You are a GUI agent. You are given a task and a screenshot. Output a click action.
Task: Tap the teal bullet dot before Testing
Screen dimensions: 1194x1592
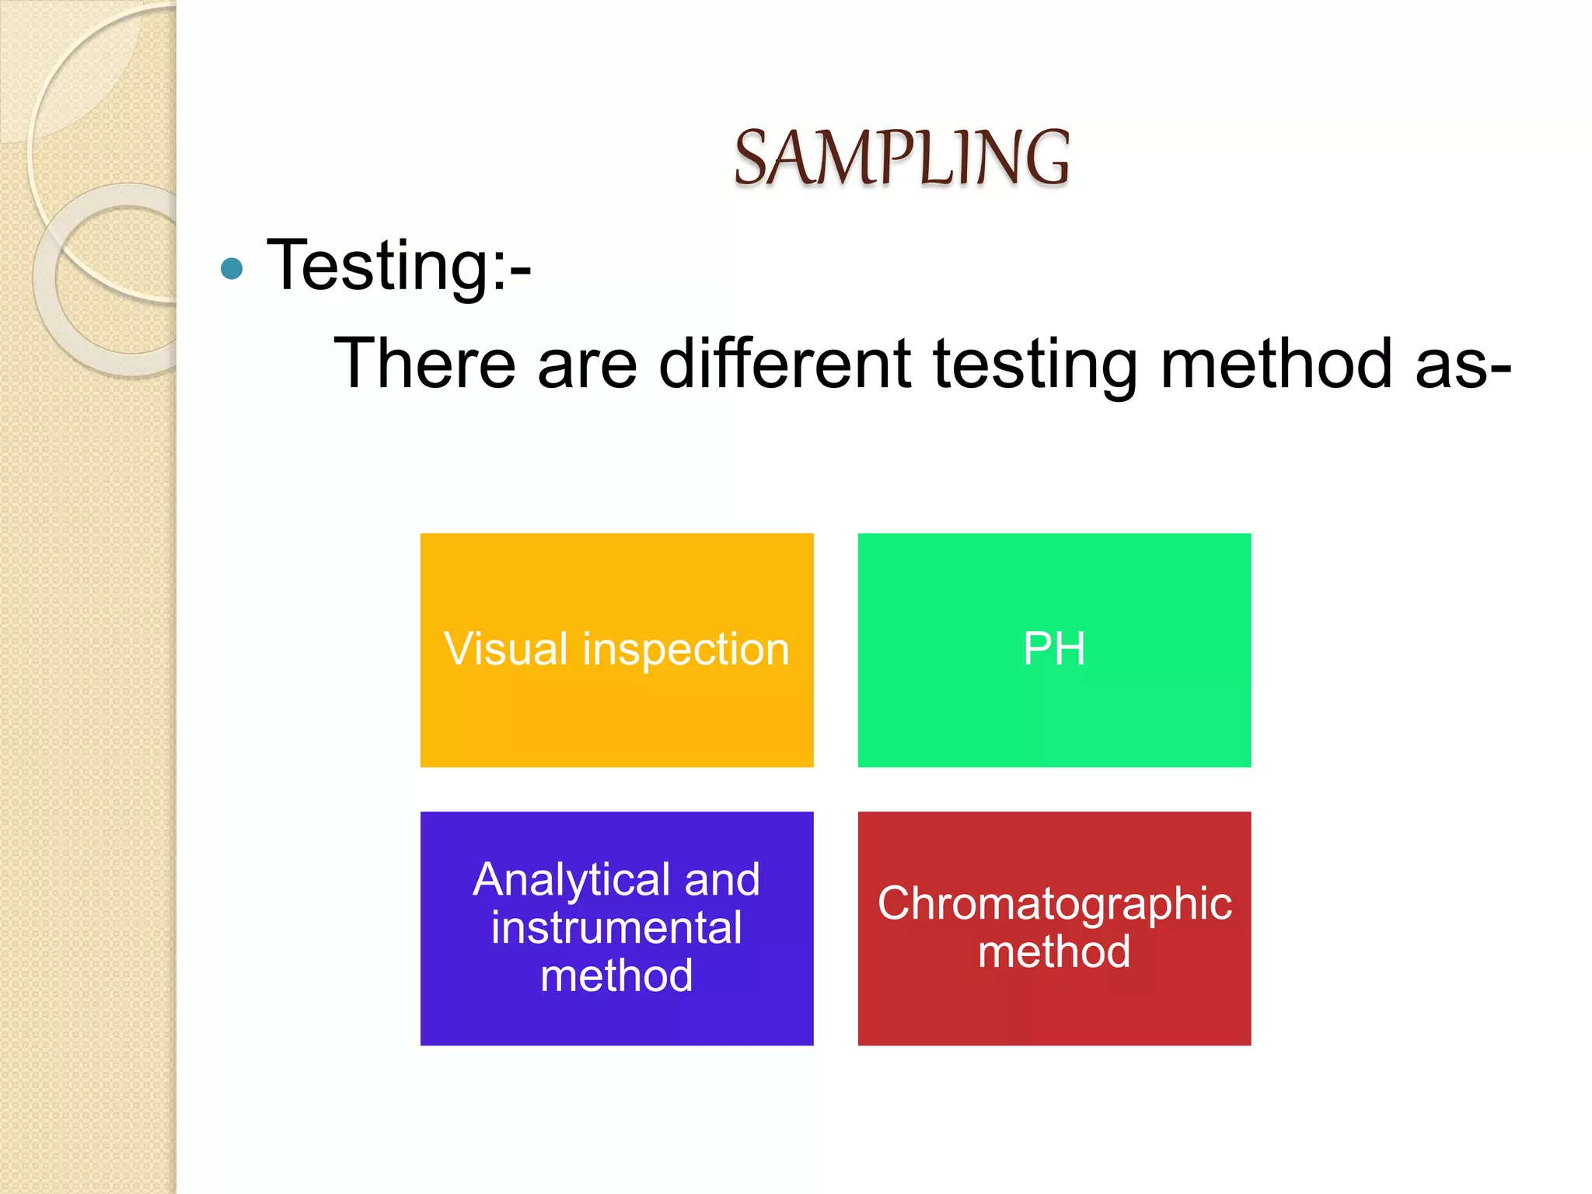pyautogui.click(x=232, y=269)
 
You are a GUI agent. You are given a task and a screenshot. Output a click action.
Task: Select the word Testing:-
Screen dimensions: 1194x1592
pyautogui.click(x=399, y=267)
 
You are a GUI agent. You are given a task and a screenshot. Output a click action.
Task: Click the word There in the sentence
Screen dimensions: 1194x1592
pyautogui.click(x=424, y=363)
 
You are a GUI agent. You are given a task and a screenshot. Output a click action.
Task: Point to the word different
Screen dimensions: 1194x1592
pyautogui.click(x=784, y=363)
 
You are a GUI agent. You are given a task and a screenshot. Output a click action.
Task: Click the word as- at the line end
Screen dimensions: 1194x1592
pyautogui.click(x=1462, y=365)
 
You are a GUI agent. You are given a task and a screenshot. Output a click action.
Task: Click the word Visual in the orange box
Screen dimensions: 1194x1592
pyautogui.click(x=506, y=649)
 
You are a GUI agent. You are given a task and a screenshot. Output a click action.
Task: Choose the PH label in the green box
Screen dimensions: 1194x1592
pyautogui.click(x=1054, y=649)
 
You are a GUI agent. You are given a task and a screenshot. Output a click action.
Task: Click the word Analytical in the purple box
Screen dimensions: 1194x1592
pyautogui.click(x=571, y=881)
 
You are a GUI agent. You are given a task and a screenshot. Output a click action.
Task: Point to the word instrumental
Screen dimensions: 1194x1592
pyautogui.click(x=616, y=928)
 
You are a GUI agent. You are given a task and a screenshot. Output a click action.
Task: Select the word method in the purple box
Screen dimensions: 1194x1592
pyautogui.click(x=616, y=976)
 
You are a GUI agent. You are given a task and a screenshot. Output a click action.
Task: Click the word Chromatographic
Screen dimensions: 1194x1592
pyautogui.click(x=1054, y=905)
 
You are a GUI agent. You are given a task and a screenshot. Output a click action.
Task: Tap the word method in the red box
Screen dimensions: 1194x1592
pyautogui.click(x=1054, y=952)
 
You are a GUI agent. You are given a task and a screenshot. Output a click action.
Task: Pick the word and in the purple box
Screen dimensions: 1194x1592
pyautogui.click(x=722, y=880)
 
